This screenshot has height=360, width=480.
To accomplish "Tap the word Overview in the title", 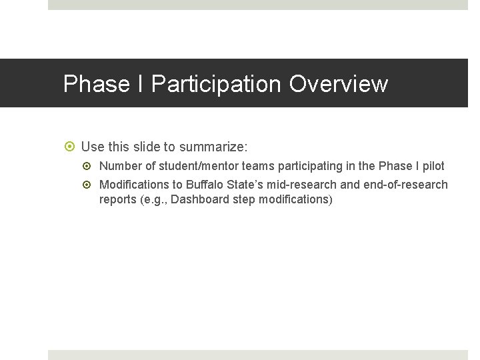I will tap(338, 84).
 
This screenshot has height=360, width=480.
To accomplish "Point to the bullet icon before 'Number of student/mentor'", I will tap(90, 166).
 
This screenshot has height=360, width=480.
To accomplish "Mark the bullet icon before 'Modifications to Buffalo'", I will tap(90, 185).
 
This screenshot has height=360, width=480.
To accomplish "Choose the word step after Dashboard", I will tap(242, 199).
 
